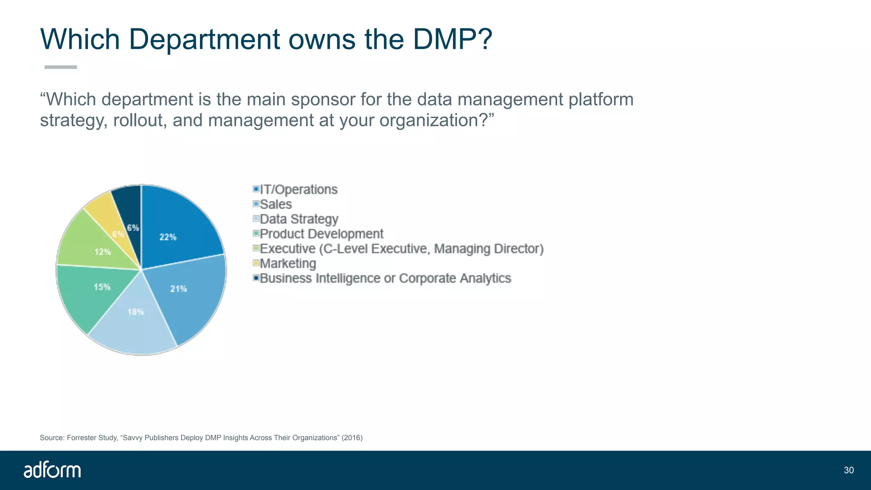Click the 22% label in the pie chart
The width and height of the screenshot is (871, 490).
pos(168,237)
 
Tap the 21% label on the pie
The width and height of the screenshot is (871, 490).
pos(179,289)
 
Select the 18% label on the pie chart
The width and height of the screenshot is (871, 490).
pos(136,312)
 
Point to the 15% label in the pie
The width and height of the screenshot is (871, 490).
pos(102,287)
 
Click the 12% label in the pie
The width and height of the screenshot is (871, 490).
pos(102,252)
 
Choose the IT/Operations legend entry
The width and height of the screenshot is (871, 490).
pos(298,189)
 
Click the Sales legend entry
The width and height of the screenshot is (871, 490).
pos(276,204)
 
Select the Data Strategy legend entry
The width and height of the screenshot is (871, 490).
pos(299,219)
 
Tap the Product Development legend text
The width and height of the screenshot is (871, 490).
pos(322,234)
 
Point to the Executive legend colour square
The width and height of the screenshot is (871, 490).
pos(256,248)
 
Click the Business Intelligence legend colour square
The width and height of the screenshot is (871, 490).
pos(256,278)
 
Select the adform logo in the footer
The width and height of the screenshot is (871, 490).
pos(52,470)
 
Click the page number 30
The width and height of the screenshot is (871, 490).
pos(848,470)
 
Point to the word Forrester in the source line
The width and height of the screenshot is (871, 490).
pos(82,438)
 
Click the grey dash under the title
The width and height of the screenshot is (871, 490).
pos(60,67)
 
